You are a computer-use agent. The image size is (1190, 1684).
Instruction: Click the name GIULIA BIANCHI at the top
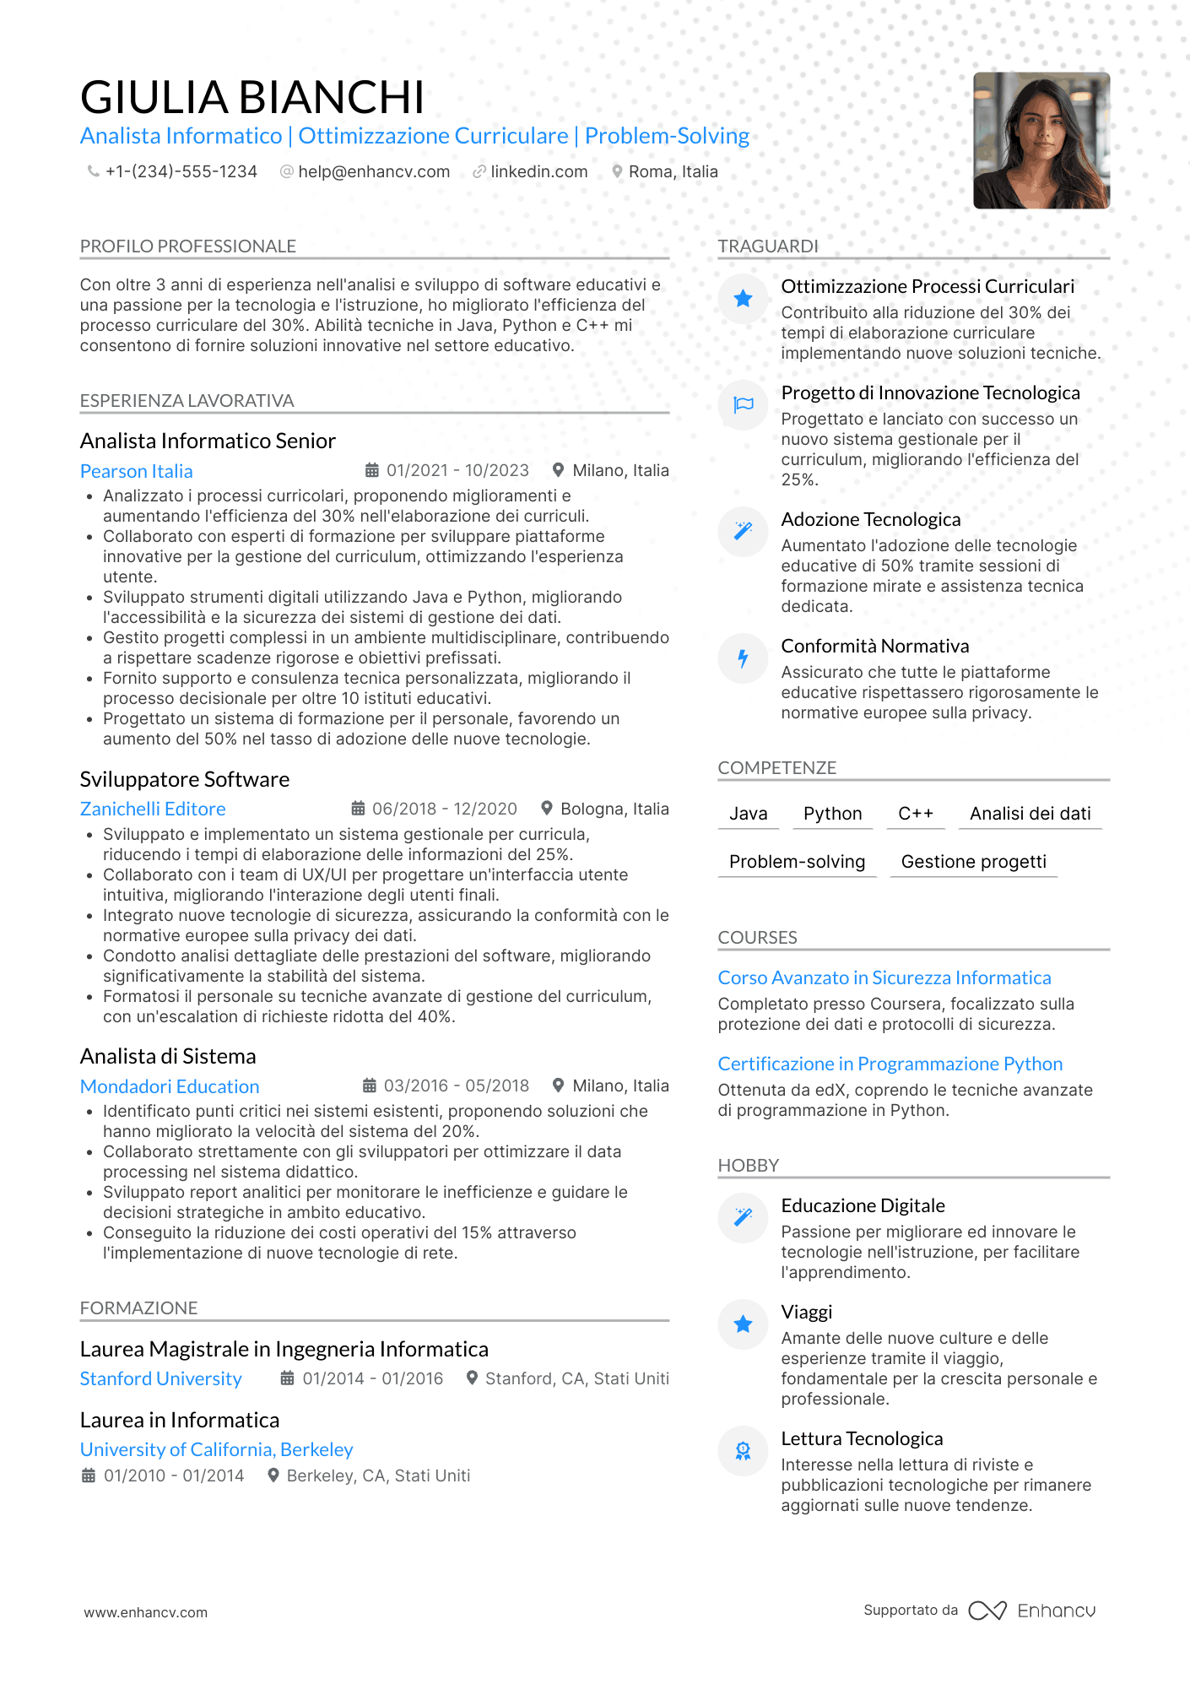252,97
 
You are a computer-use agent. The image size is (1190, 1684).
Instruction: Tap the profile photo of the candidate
1041,140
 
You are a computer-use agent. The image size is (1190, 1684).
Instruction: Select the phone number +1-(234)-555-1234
181,171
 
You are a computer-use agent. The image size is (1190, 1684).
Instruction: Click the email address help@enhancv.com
373,171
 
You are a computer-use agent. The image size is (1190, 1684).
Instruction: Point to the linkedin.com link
538,171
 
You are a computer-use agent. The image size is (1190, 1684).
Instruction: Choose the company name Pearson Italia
136,471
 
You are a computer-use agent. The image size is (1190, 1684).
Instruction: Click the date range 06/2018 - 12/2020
444,809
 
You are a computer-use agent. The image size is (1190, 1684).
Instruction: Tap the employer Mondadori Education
170,1086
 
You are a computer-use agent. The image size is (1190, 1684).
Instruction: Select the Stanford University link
160,1378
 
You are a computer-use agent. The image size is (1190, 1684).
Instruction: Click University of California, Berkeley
216,1449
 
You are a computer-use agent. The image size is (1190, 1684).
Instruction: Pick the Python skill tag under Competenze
832,814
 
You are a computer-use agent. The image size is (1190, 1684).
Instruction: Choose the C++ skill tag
916,814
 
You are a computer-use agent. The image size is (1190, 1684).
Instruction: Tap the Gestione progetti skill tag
973,862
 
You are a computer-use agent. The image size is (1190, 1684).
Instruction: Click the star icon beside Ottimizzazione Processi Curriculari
743,298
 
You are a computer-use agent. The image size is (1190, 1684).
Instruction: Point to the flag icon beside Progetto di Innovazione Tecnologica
743,404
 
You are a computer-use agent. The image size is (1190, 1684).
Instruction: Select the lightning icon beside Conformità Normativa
743,658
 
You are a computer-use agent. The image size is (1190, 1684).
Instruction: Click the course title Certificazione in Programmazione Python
890,1064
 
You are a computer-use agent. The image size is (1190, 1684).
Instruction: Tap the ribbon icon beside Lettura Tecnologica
743,1450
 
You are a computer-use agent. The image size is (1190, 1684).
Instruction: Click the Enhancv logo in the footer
1032,1611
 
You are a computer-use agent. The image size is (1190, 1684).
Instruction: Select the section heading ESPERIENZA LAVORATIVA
187,401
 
